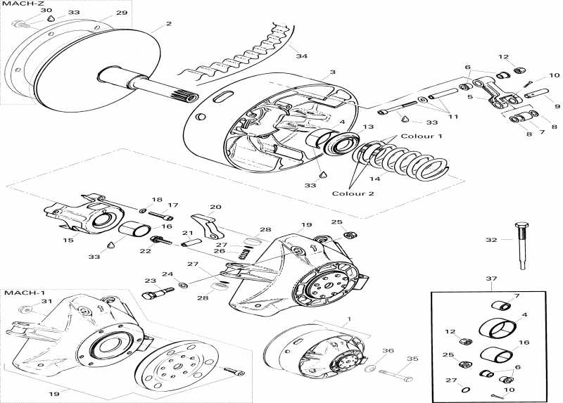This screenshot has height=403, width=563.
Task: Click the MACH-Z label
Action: (15, 4)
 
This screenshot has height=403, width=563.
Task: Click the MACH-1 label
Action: (18, 292)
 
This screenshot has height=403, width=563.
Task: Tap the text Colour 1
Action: (422, 136)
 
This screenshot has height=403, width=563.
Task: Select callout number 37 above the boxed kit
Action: (491, 279)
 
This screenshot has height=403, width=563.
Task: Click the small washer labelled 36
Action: (370, 368)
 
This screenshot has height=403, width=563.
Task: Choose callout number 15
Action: (68, 241)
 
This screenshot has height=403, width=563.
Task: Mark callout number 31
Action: (46, 302)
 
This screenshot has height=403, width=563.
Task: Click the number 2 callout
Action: (168, 24)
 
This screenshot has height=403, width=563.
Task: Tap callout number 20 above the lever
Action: (215, 207)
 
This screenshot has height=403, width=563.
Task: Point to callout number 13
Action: (367, 127)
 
